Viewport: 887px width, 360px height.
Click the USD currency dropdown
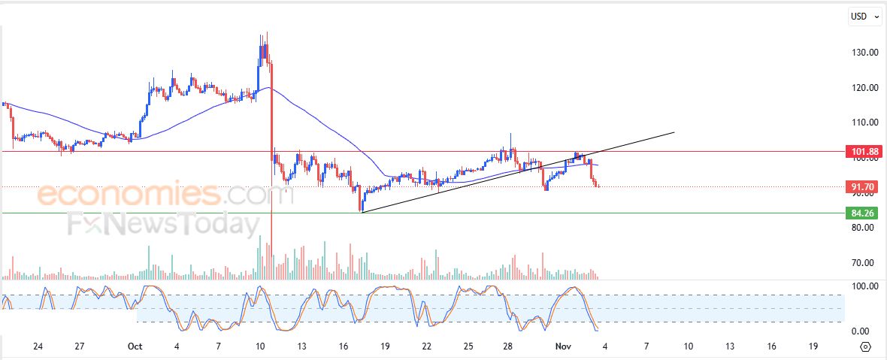[864, 16]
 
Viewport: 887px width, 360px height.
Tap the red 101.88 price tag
[861, 152]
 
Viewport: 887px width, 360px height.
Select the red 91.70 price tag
[861, 186]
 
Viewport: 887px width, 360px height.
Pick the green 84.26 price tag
[861, 213]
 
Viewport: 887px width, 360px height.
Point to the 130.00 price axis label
[865, 53]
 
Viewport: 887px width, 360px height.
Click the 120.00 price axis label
[865, 87]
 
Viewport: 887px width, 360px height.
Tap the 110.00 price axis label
[865, 123]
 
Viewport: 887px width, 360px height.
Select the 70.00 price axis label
[865, 263]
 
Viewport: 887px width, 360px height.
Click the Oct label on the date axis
[135, 346]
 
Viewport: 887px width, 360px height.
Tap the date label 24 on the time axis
[38, 346]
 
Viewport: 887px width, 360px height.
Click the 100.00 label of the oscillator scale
[864, 286]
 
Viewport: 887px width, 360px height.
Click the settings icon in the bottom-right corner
[866, 346]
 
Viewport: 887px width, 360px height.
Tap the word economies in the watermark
[128, 195]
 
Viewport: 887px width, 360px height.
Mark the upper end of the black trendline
[674, 132]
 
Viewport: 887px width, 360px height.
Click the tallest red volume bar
[271, 248]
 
